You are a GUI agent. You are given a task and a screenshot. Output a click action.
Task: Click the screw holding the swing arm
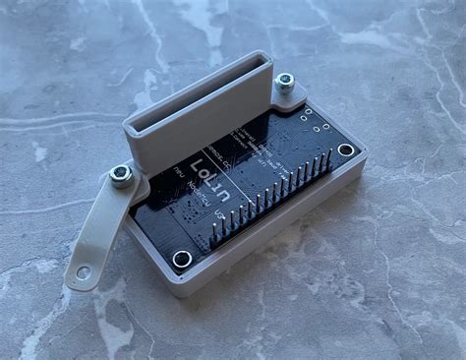(121, 175)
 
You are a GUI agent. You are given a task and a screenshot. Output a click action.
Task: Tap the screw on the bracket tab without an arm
(284, 83)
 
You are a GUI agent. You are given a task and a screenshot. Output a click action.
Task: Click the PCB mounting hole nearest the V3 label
(182, 259)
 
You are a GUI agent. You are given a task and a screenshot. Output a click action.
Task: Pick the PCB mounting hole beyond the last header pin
(346, 150)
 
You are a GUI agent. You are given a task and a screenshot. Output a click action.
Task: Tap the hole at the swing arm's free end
(84, 271)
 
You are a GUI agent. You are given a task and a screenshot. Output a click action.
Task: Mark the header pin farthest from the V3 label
(326, 157)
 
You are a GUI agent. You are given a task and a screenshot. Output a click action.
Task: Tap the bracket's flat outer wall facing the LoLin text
(197, 138)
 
